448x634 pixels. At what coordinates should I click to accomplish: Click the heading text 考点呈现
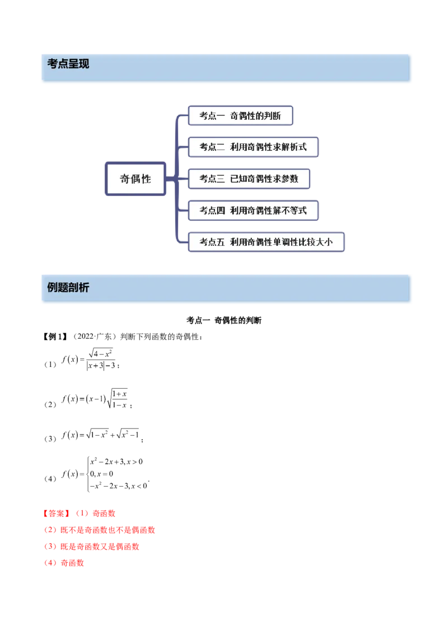pos(68,64)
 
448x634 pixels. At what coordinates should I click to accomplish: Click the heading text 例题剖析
pos(68,288)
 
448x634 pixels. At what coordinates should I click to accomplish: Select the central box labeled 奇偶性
pos(136,179)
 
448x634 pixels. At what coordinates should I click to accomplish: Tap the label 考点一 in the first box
pos(207,116)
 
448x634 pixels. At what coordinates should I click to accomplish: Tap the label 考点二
pos(207,147)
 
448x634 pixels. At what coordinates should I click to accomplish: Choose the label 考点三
pos(207,179)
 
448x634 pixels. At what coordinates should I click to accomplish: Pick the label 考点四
pos(207,211)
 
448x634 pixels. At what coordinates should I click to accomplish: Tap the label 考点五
pos(207,242)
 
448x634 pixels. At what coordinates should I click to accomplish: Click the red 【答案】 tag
pos(56,512)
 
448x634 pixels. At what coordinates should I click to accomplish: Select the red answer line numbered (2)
pos(100,529)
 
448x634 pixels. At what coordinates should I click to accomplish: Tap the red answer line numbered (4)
pos(64,563)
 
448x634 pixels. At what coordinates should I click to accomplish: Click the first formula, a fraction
pos(88,361)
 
